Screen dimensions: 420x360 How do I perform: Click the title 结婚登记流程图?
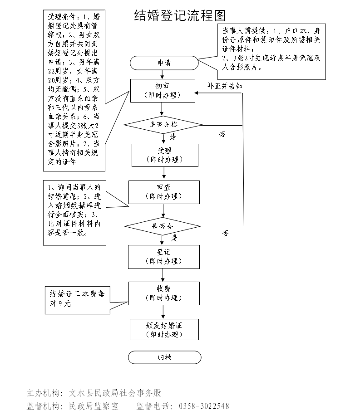coord(180,16)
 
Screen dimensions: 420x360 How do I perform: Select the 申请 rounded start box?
coord(164,63)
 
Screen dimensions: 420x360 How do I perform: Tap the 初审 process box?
coord(162,91)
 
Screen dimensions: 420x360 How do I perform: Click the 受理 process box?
coord(165,155)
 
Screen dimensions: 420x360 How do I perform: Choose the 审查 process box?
coord(164,192)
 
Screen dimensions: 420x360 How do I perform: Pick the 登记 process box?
coord(164,257)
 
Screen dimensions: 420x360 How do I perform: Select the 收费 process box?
coord(164,293)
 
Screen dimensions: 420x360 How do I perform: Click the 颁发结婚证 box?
coord(164,330)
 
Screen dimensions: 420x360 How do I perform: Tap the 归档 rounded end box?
coord(164,357)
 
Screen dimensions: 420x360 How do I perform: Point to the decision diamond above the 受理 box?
coord(163,124)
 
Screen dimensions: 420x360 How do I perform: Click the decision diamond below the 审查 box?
coord(163,226)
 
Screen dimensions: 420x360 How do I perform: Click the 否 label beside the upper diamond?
coord(222,134)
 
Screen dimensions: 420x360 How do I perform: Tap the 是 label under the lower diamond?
coord(174,237)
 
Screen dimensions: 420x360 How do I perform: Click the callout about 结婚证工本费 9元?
coord(77,299)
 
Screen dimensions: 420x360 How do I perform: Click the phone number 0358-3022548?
coord(204,406)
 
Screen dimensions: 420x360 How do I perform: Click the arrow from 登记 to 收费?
coord(163,275)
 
